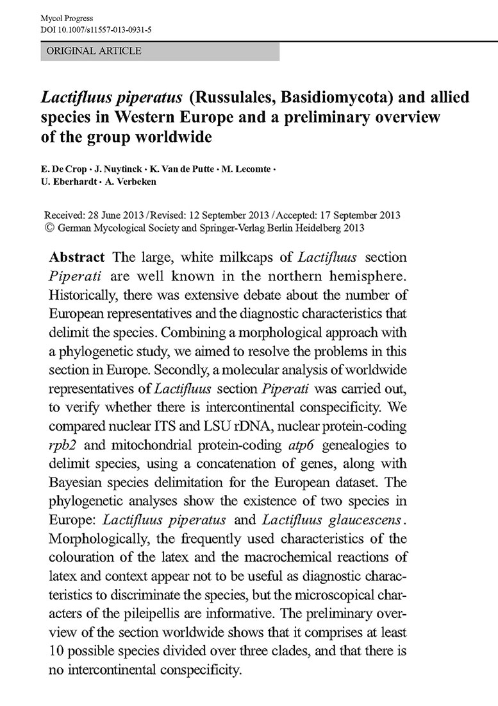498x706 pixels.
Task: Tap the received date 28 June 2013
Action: [x=117, y=214]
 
